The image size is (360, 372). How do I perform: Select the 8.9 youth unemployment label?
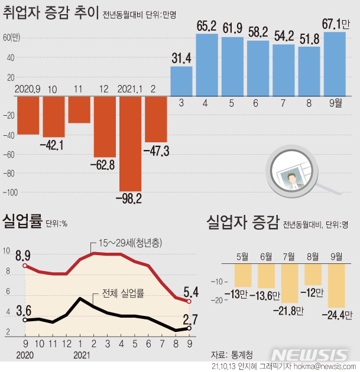pos(23,256)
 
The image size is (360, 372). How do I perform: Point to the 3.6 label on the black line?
pos(23,309)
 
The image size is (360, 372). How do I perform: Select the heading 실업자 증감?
pos(242,223)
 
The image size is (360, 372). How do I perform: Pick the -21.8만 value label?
pos(291,309)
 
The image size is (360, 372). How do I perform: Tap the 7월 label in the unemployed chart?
pos(290,256)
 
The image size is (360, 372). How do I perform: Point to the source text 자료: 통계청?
pos(232,354)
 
